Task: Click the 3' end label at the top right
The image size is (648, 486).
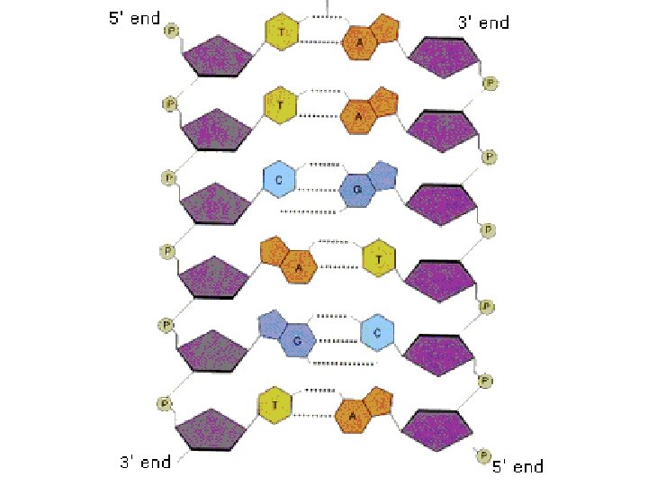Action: pyautogui.click(x=484, y=22)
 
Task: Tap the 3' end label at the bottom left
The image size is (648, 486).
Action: pyautogui.click(x=145, y=462)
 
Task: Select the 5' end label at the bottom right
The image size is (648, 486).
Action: pyautogui.click(x=517, y=466)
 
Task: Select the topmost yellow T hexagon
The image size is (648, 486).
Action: pyautogui.click(x=282, y=32)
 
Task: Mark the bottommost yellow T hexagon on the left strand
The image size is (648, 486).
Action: pyautogui.click(x=274, y=404)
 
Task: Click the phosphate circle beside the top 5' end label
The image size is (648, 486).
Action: pyautogui.click(x=171, y=31)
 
